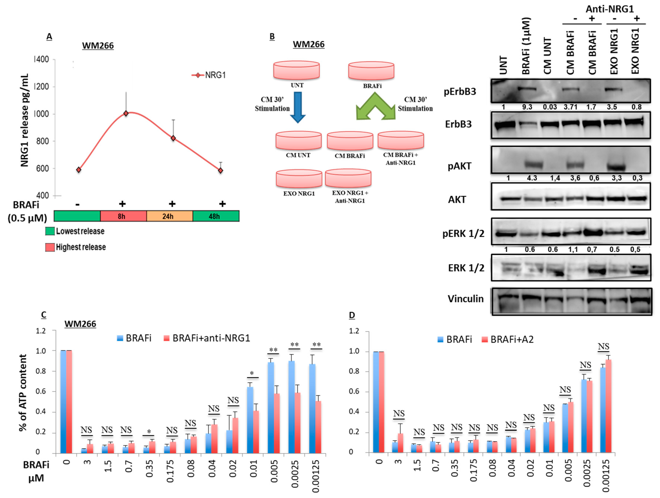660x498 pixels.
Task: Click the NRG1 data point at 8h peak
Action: click(126, 113)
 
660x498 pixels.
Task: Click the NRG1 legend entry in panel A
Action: click(209, 75)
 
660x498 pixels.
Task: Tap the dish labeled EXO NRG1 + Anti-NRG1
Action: click(348, 178)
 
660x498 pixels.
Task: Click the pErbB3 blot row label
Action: click(460, 92)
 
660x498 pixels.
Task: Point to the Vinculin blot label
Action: click(466, 299)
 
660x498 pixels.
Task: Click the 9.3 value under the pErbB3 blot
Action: click(527, 107)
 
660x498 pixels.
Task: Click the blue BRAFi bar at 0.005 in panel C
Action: click(271, 408)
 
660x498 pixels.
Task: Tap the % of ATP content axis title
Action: click(23, 393)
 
